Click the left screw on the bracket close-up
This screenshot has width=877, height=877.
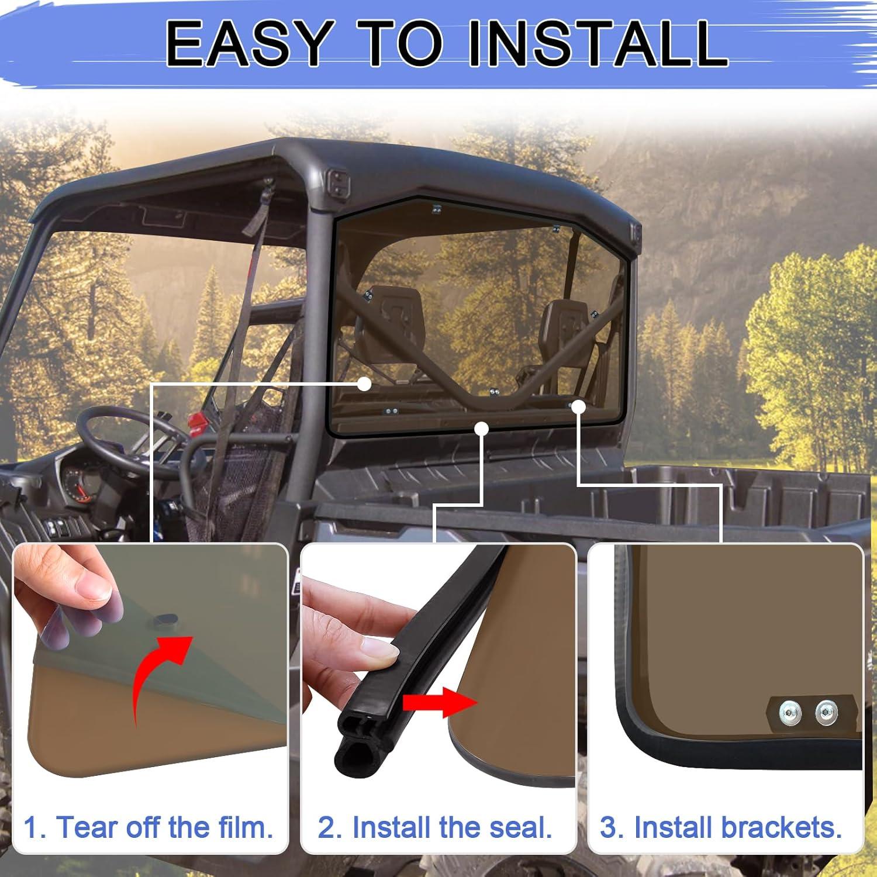(x=786, y=712)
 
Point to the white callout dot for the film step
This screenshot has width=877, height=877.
(x=364, y=384)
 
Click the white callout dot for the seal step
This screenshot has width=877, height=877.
(x=481, y=429)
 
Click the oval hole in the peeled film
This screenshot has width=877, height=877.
(x=165, y=618)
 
